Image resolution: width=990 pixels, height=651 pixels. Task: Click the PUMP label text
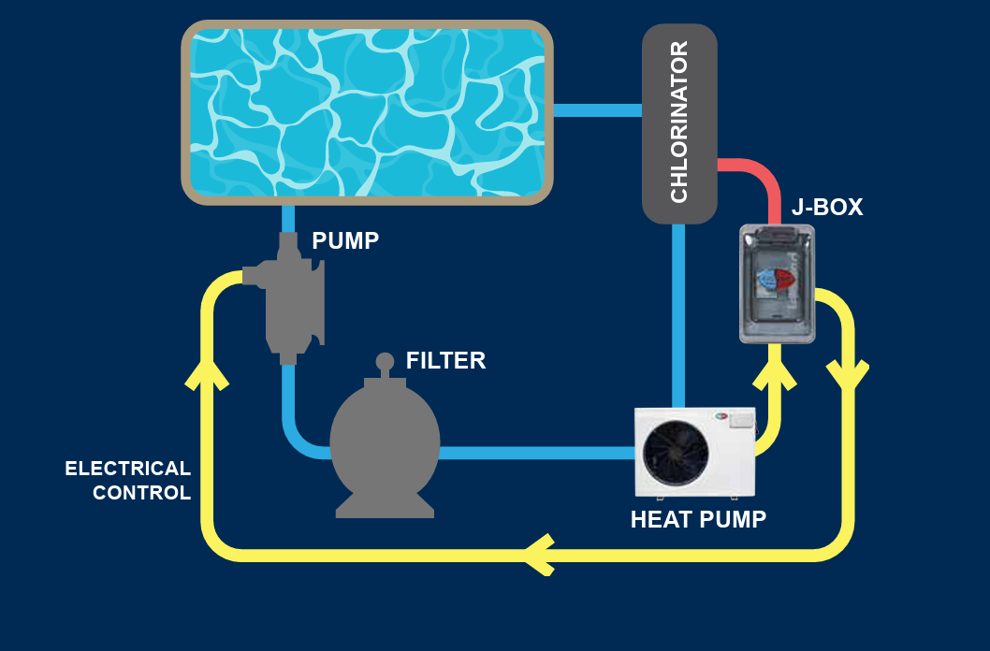click(x=345, y=241)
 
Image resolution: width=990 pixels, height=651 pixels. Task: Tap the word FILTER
click(x=445, y=361)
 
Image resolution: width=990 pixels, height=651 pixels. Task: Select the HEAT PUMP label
click(x=698, y=520)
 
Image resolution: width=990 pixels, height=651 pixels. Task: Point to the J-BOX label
click(x=827, y=208)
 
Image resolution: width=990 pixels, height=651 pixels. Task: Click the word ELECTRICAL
click(x=128, y=469)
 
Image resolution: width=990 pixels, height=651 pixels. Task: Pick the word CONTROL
click(x=142, y=493)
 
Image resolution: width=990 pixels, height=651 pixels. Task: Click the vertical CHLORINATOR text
click(x=679, y=123)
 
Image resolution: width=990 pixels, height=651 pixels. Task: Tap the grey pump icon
click(x=287, y=299)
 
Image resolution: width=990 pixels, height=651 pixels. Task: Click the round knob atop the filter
click(x=385, y=361)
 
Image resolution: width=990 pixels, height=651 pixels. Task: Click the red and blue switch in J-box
click(x=776, y=279)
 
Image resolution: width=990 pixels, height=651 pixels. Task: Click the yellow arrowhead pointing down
click(x=848, y=374)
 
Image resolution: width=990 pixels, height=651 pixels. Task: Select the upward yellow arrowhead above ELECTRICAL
click(x=208, y=372)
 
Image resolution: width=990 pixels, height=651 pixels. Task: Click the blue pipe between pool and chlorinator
click(x=597, y=110)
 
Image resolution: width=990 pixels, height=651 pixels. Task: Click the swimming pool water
click(x=367, y=110)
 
